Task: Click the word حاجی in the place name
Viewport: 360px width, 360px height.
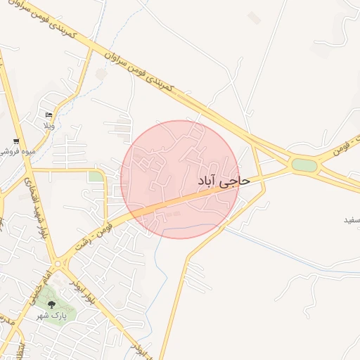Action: click(x=235, y=181)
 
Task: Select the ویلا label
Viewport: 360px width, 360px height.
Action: click(x=49, y=126)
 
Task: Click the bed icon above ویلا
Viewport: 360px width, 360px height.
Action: click(x=49, y=115)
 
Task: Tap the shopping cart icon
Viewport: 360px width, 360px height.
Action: click(x=15, y=141)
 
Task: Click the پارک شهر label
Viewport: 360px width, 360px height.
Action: click(x=51, y=316)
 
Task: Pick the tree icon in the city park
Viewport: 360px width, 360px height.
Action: click(x=51, y=304)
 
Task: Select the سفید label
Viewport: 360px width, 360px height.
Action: click(x=351, y=220)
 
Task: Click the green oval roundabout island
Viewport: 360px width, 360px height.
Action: click(x=304, y=165)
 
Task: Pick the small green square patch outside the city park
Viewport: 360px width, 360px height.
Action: click(x=95, y=176)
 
